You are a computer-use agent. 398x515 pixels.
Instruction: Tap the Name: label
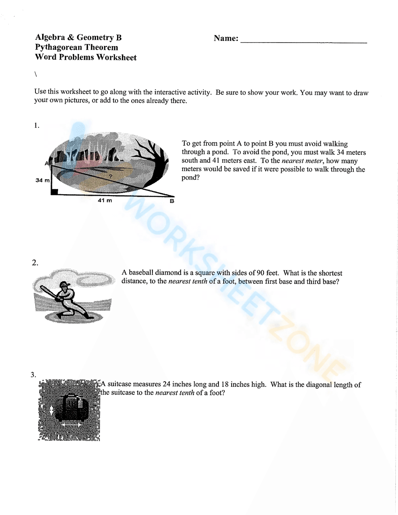click(x=226, y=39)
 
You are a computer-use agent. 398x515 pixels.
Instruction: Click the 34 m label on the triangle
click(x=42, y=180)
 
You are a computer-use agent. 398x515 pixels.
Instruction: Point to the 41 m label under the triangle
click(x=105, y=201)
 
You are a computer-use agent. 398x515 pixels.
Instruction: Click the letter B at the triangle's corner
click(x=172, y=201)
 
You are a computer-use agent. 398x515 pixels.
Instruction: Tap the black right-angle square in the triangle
click(x=55, y=192)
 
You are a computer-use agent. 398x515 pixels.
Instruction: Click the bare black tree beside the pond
click(x=153, y=159)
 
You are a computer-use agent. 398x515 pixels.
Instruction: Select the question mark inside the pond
click(x=110, y=176)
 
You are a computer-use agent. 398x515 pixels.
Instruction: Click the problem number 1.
click(x=37, y=126)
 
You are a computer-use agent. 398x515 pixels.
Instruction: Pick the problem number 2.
click(x=35, y=263)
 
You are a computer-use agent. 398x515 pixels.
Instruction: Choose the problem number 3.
click(x=33, y=375)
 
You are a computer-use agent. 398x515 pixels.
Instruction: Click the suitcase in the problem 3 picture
click(x=72, y=408)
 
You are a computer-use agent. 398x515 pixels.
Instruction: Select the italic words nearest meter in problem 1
click(x=302, y=161)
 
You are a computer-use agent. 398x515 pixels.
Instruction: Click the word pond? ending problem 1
click(x=190, y=178)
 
